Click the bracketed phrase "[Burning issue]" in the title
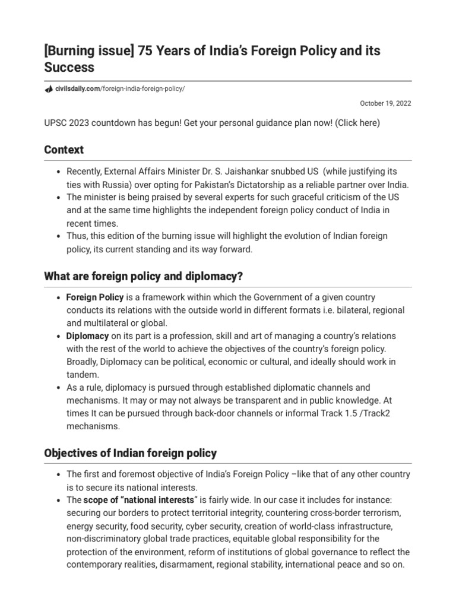pyautogui.click(x=88, y=51)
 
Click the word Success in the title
pyautogui.click(x=69, y=68)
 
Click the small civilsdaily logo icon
pyautogui.click(x=49, y=89)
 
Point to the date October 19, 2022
pyautogui.click(x=385, y=103)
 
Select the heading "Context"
pyautogui.click(x=64, y=150)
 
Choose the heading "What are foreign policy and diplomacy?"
pyautogui.click(x=144, y=276)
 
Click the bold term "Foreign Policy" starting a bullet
pyautogui.click(x=95, y=297)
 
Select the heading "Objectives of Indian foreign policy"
pyautogui.click(x=131, y=453)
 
